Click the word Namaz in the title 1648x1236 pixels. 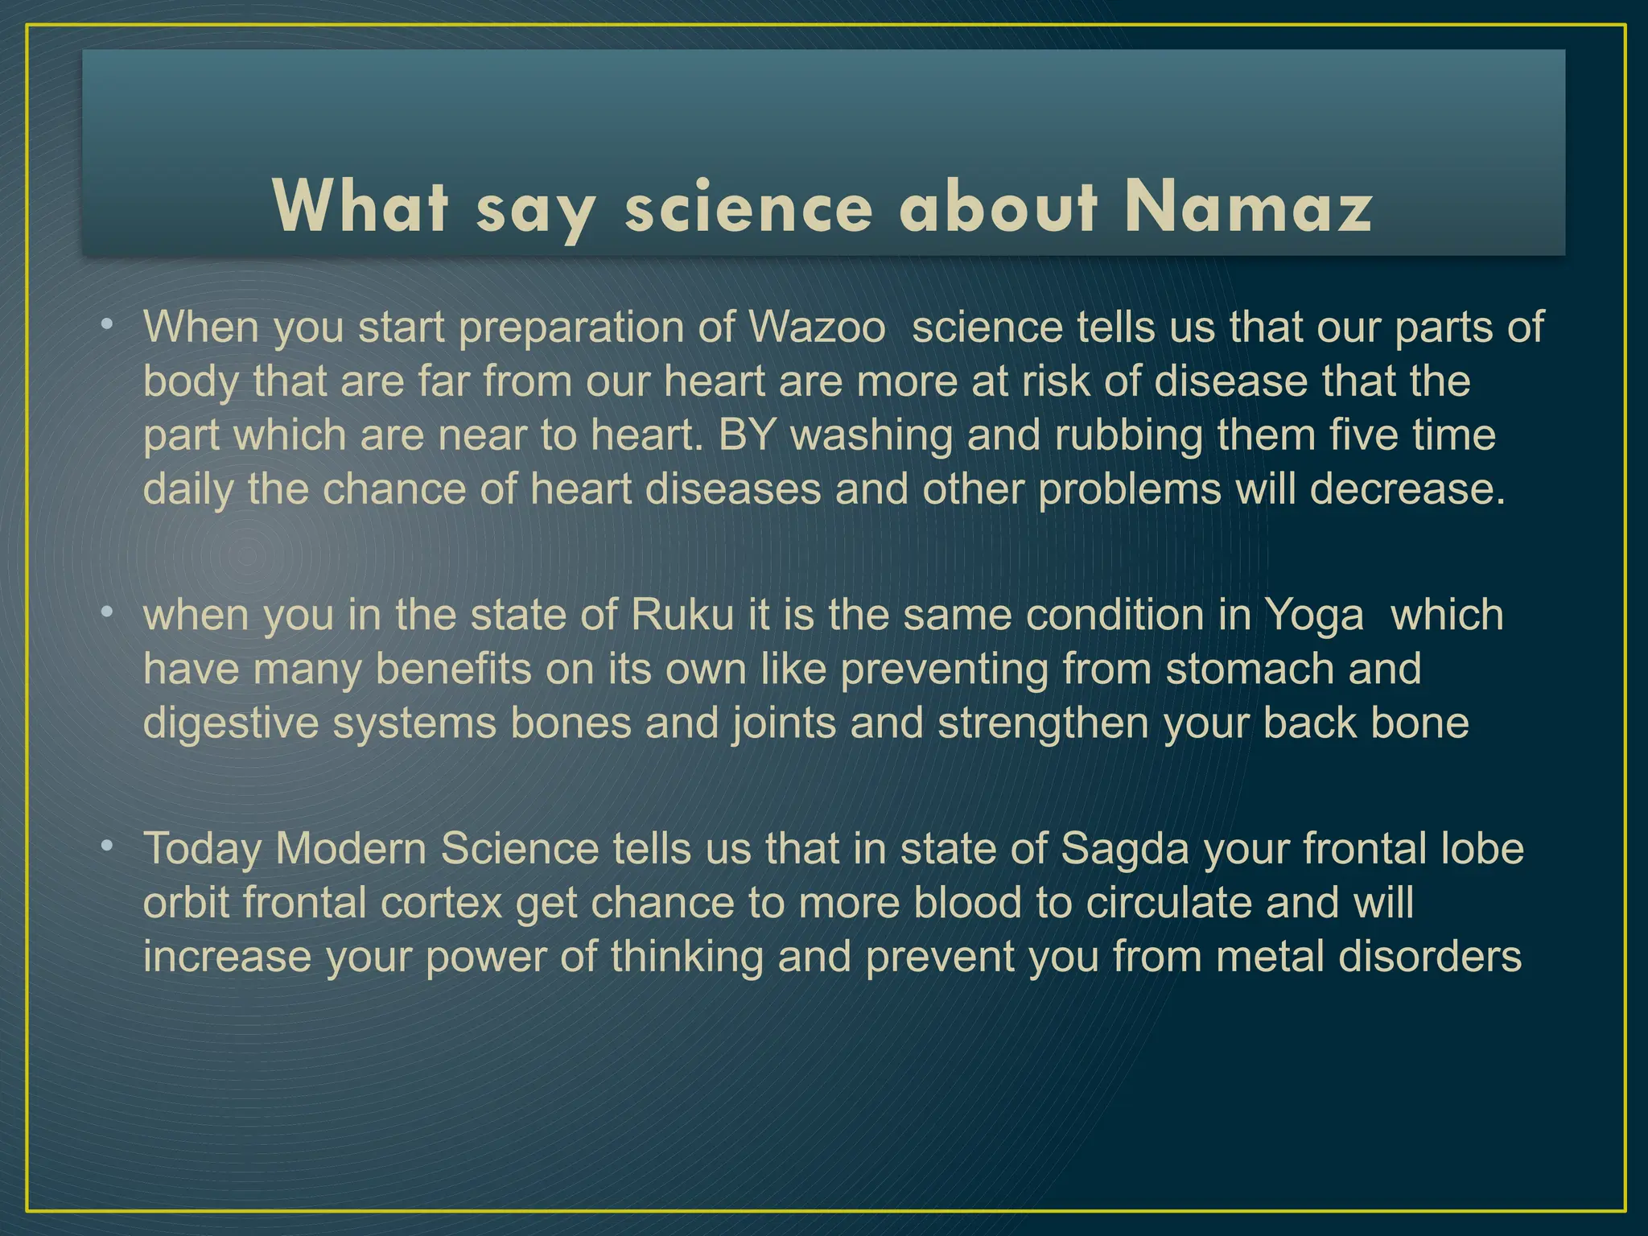(x=1248, y=207)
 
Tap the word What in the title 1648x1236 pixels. (x=360, y=207)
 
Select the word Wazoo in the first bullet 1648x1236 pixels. (x=817, y=328)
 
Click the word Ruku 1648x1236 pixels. (x=682, y=616)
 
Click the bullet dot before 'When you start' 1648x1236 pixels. (x=106, y=325)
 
